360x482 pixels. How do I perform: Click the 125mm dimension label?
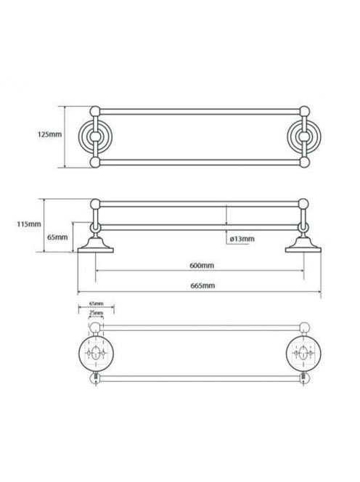(x=49, y=134)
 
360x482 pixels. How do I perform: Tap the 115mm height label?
(x=29, y=224)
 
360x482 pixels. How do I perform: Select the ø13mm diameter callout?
(x=242, y=239)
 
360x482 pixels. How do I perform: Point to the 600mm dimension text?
(x=202, y=265)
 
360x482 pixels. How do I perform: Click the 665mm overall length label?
(x=202, y=285)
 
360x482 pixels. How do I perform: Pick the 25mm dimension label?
(x=97, y=313)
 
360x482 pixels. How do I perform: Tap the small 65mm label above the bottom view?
(x=97, y=303)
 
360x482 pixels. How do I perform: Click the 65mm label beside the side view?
(x=57, y=237)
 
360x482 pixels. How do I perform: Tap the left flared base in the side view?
(x=96, y=245)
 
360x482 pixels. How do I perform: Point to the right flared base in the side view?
(x=303, y=245)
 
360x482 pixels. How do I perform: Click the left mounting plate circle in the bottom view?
(x=97, y=352)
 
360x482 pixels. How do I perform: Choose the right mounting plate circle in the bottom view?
(x=303, y=352)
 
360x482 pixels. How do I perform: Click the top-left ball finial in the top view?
(x=95, y=111)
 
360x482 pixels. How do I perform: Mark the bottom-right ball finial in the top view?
(x=304, y=163)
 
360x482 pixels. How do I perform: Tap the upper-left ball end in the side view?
(x=95, y=204)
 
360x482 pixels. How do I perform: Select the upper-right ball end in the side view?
(x=303, y=204)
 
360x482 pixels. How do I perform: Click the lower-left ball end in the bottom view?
(x=95, y=378)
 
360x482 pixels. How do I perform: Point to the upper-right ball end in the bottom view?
(x=304, y=327)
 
